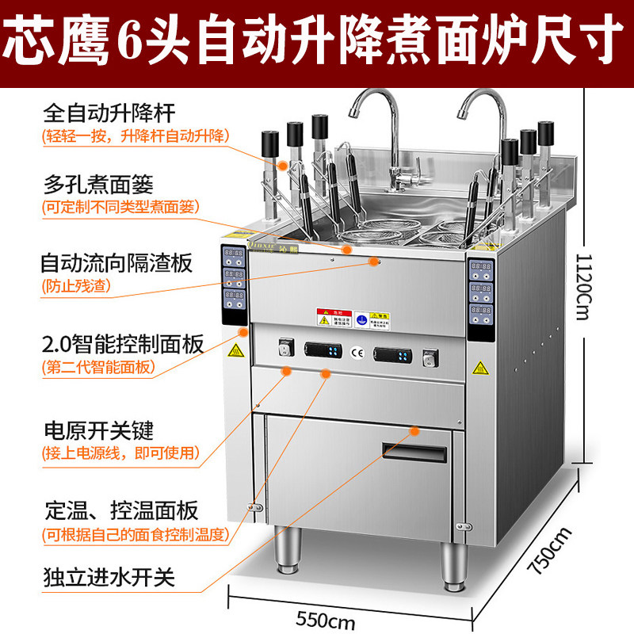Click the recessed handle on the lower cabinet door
(413, 450)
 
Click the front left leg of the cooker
(287, 553)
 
